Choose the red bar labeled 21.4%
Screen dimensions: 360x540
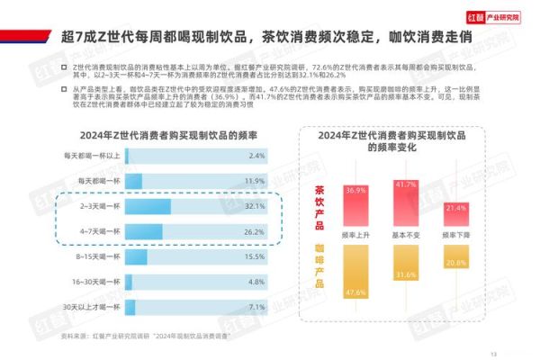point(455,214)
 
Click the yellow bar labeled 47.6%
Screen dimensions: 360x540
point(355,270)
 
